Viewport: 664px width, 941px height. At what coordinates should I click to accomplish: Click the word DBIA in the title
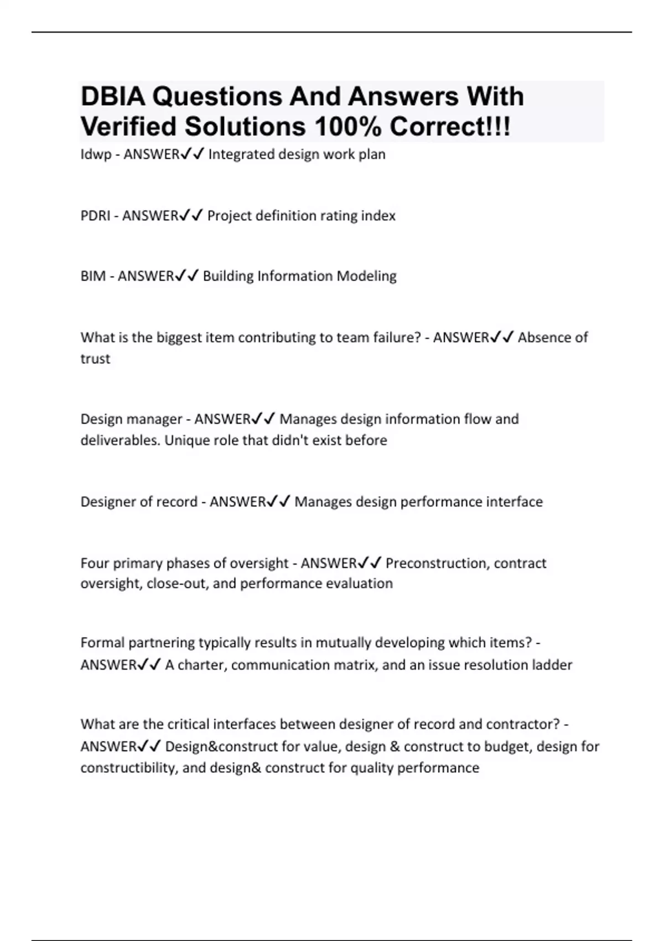[112, 97]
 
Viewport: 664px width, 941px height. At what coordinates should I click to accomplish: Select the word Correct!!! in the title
[450, 127]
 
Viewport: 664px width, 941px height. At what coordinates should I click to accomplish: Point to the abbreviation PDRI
[95, 215]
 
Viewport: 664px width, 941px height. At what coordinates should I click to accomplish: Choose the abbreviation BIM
[93, 276]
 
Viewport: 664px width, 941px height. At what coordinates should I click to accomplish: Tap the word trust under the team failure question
[95, 359]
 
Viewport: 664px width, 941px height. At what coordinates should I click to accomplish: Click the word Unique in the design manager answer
[185, 441]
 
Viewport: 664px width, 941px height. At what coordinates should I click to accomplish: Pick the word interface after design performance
[514, 501]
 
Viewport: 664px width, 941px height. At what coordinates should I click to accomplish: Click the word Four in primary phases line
[95, 563]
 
